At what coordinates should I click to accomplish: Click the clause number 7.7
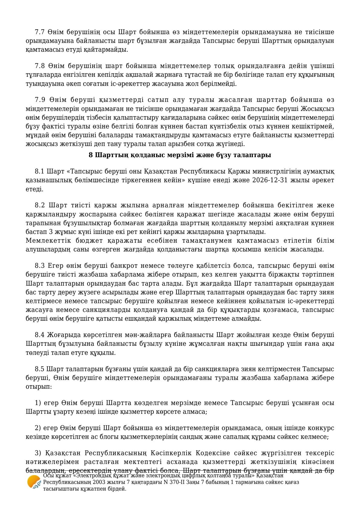click(40, 32)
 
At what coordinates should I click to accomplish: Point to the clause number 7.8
click(40, 66)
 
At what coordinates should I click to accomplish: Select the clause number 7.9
click(40, 100)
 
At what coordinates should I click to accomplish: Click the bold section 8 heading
click(180, 155)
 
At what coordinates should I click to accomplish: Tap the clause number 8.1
click(40, 172)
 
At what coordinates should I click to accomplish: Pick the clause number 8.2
click(40, 206)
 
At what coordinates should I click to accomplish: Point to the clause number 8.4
click(40, 335)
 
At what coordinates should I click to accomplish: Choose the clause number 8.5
click(40, 369)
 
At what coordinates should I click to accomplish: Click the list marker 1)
click(38, 403)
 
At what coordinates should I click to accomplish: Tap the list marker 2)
click(38, 428)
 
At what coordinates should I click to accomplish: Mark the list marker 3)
click(38, 453)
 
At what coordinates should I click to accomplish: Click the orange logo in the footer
click(34, 482)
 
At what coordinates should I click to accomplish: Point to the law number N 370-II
click(174, 482)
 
